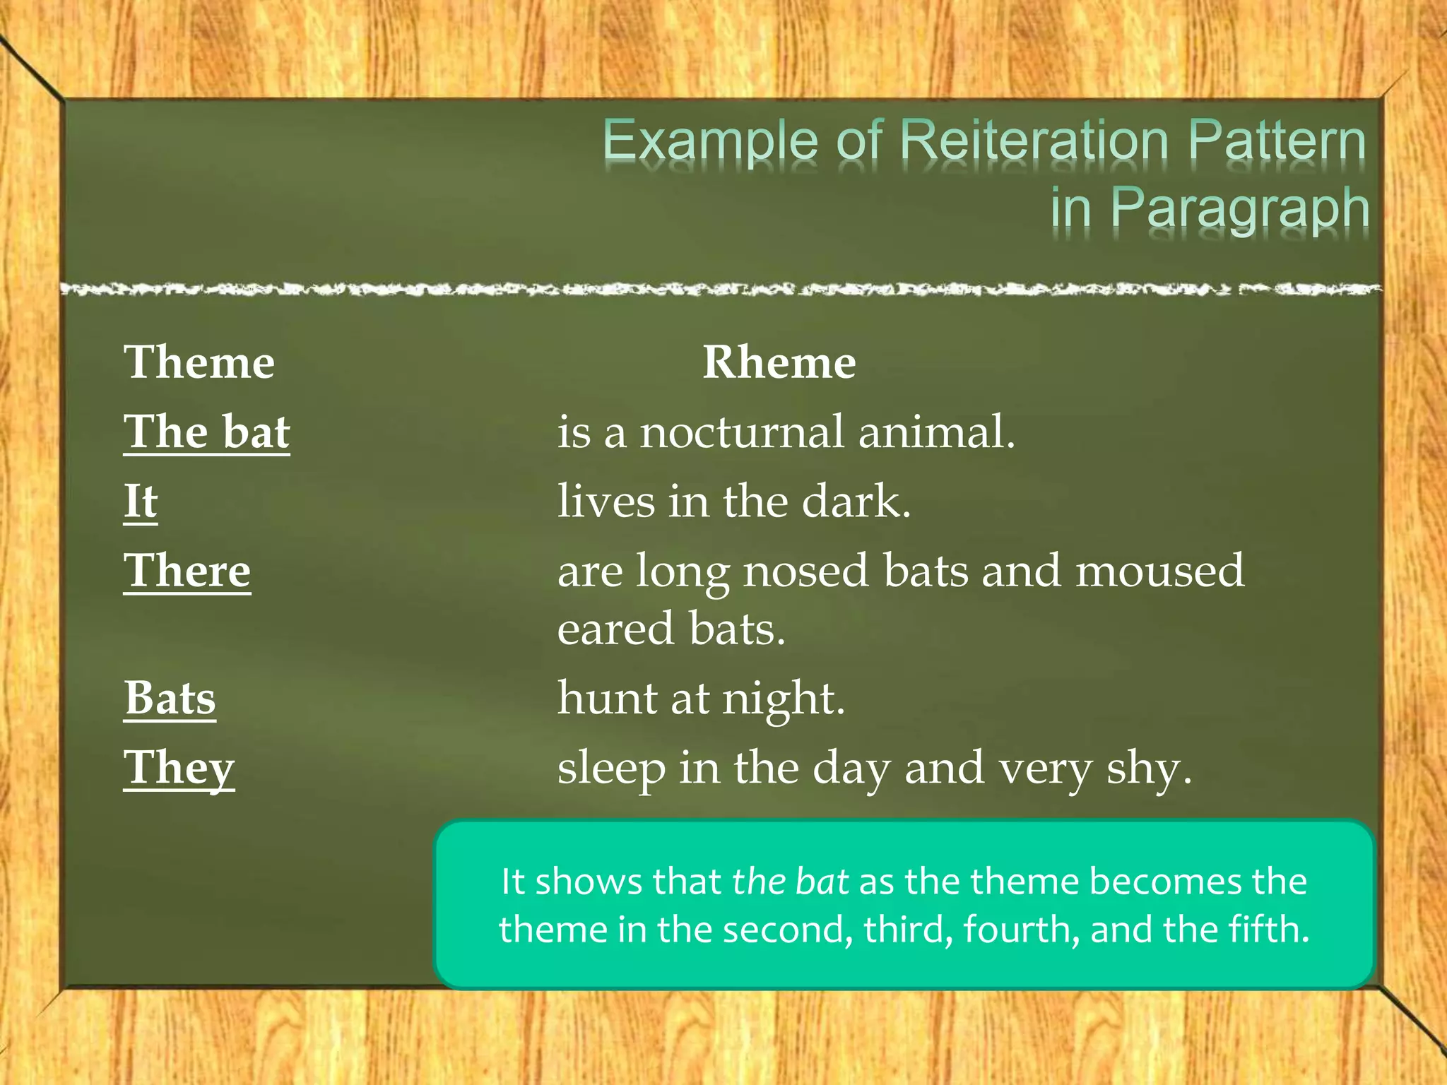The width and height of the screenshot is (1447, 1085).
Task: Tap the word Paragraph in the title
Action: tap(1240, 208)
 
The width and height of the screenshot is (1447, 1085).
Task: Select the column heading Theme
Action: tap(199, 362)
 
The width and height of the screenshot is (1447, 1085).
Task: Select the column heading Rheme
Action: tap(779, 362)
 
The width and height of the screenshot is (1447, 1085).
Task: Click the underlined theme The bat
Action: tap(206, 432)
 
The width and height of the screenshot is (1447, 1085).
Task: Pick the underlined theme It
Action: tap(141, 501)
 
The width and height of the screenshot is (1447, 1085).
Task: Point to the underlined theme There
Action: tap(187, 570)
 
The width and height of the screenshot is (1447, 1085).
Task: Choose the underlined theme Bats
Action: tap(170, 698)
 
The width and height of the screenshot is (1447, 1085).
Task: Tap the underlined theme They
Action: tap(179, 768)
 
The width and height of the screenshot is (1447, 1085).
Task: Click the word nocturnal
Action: tap(742, 432)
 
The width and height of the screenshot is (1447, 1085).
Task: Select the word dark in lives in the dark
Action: tap(856, 501)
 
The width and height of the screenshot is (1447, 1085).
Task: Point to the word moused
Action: tap(1159, 570)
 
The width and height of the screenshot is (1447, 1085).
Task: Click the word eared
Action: tap(615, 629)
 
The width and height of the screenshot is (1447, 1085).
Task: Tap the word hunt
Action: tap(607, 698)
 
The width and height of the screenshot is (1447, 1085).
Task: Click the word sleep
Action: tap(611, 768)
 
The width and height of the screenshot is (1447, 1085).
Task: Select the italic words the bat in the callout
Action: tap(790, 882)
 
